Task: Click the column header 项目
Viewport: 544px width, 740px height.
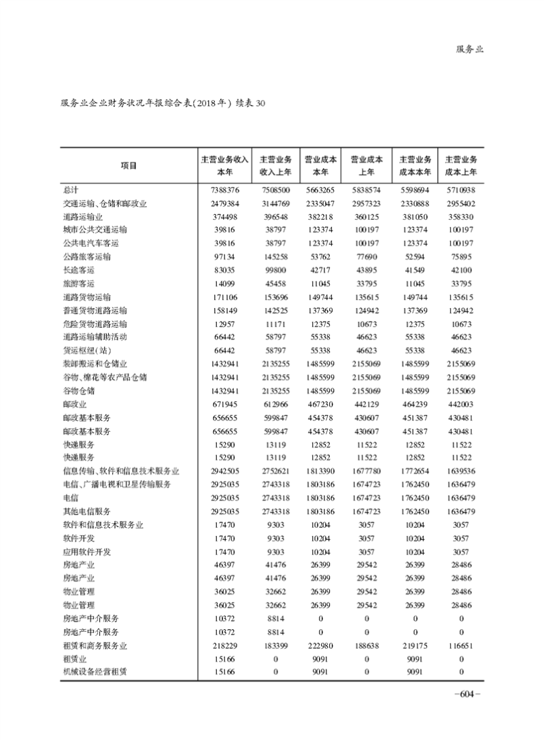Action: click(x=128, y=165)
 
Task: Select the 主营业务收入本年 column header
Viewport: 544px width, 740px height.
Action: click(x=225, y=165)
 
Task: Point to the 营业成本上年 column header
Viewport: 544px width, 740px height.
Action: click(x=367, y=165)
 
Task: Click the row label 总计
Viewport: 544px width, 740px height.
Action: click(x=70, y=190)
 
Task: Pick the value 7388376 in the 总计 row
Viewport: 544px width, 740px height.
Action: click(x=226, y=190)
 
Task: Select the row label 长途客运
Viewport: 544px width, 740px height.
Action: click(x=76, y=270)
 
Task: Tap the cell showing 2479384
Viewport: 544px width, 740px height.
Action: click(x=226, y=204)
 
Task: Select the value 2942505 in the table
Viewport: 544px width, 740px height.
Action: click(x=226, y=470)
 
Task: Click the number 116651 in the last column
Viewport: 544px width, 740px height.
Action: click(x=461, y=645)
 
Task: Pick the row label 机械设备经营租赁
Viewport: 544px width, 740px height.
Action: click(x=95, y=671)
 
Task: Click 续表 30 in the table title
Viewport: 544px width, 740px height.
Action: click(x=253, y=104)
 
